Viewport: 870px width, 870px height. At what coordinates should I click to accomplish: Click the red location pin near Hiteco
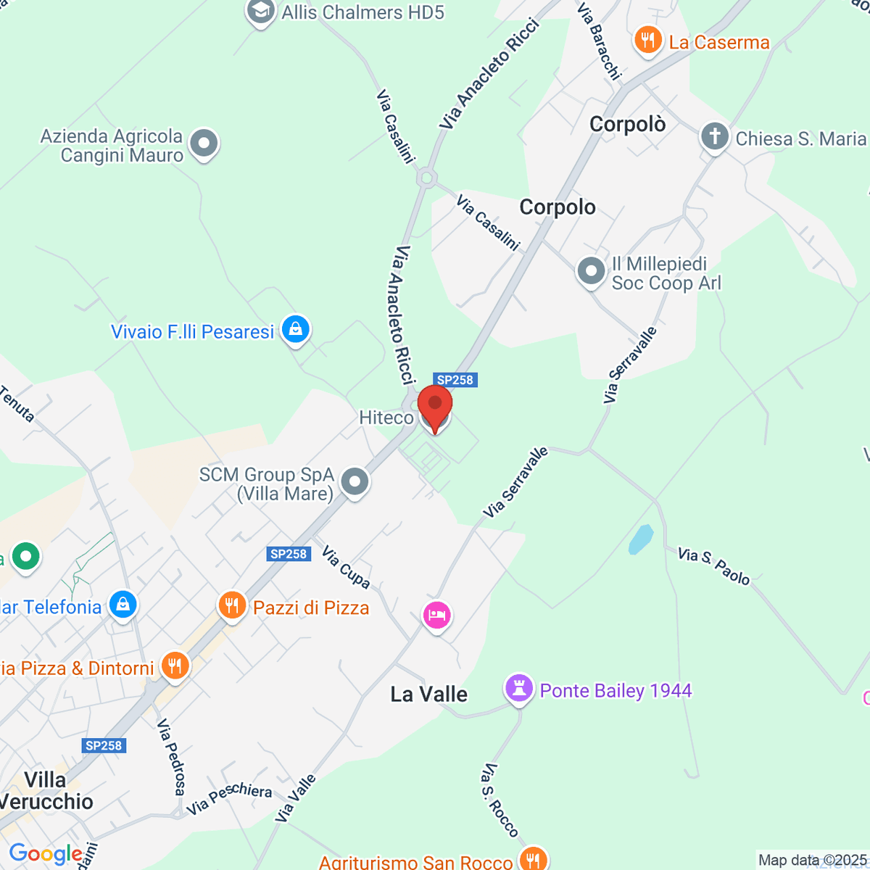[435, 406]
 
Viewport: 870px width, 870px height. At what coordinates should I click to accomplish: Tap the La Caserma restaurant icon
[647, 41]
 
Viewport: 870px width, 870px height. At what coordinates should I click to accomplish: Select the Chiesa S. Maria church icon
[714, 136]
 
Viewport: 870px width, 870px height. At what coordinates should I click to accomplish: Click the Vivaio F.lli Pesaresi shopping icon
[295, 330]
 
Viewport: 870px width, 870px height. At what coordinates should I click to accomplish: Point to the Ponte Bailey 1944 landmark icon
[519, 689]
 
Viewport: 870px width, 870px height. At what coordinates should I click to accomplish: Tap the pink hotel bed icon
[436, 616]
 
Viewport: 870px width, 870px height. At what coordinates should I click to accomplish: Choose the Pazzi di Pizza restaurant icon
[232, 605]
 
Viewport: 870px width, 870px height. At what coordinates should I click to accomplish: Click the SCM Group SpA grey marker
[355, 481]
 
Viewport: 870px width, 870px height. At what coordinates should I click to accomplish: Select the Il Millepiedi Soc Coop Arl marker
[591, 272]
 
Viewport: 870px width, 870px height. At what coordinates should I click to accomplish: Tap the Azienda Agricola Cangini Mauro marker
[204, 143]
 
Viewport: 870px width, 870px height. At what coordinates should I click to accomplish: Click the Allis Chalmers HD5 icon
[260, 12]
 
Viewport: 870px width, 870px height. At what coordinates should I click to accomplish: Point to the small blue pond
[641, 539]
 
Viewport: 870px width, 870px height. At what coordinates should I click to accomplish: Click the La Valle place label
[428, 695]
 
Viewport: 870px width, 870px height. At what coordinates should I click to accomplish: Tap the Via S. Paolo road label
[713, 565]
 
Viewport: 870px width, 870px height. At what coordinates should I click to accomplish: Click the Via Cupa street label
[346, 567]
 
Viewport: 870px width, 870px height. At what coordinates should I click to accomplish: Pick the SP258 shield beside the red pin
[455, 380]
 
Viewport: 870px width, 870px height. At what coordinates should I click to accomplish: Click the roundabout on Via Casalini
[426, 177]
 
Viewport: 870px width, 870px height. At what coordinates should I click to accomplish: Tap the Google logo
[46, 854]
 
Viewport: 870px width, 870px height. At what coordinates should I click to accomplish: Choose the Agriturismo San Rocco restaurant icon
[533, 860]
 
